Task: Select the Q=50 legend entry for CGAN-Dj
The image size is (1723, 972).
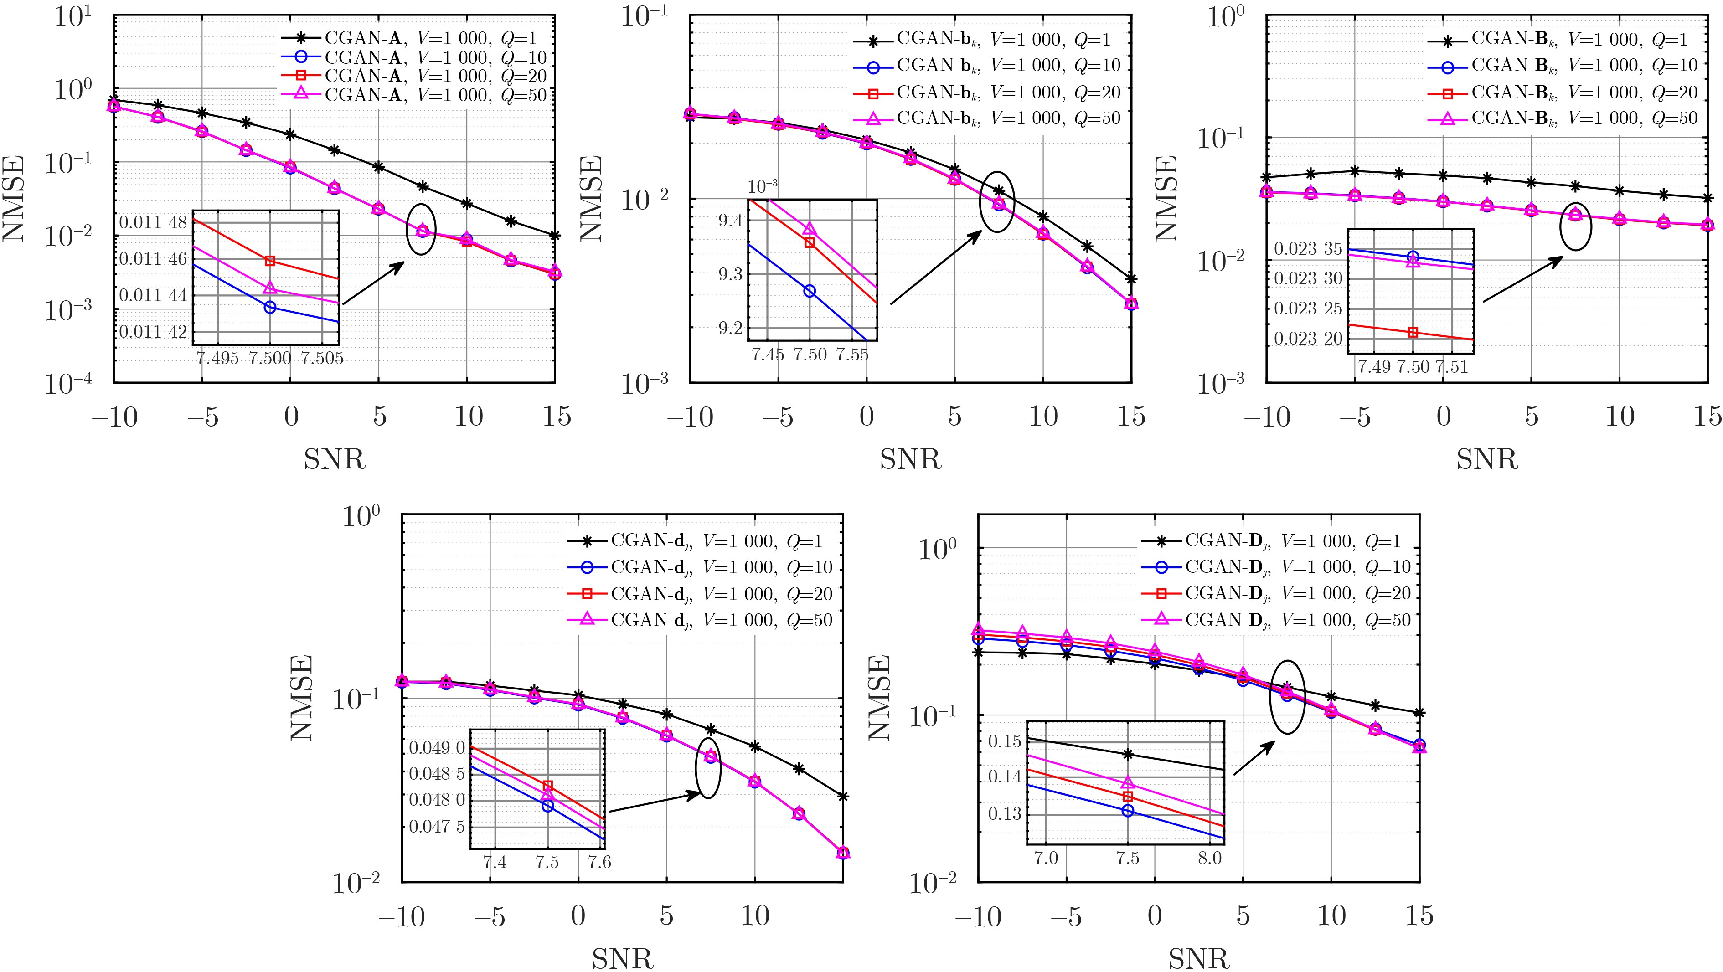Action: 1298,620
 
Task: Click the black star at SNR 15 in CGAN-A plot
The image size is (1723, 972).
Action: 554,235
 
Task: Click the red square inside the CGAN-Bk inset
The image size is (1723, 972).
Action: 1413,332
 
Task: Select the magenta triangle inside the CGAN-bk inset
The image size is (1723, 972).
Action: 810,229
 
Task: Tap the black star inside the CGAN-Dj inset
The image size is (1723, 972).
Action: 1128,754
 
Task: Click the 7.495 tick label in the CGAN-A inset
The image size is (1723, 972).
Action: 217,358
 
